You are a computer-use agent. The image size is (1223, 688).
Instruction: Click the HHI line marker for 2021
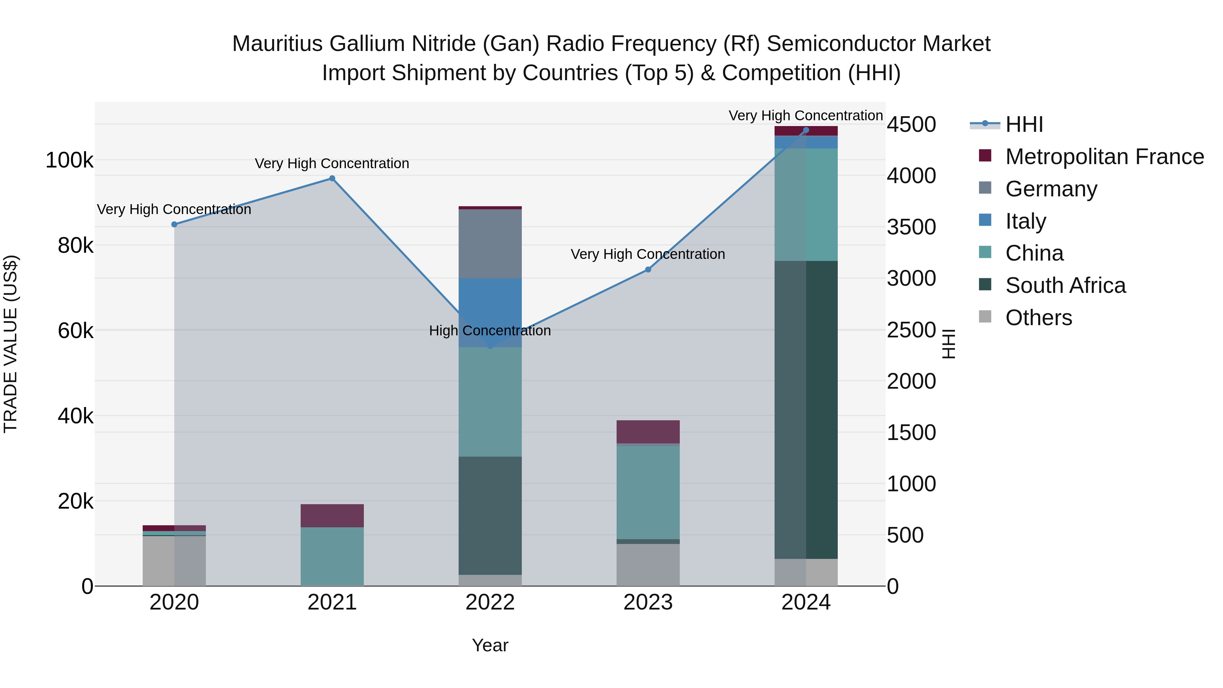coord(332,178)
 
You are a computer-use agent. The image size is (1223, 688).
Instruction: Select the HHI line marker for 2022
coord(490,346)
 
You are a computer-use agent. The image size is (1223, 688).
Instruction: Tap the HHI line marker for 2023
coord(648,270)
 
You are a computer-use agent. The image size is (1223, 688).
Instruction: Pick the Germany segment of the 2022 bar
coord(490,244)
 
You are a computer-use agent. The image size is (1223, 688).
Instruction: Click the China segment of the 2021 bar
coord(332,557)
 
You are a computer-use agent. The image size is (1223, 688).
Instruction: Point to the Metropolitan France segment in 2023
coord(648,431)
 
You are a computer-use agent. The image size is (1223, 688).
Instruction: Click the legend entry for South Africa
coord(1065,286)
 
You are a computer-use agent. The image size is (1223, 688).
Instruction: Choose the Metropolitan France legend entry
coord(1104,157)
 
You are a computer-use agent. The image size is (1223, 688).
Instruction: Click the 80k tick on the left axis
coord(75,246)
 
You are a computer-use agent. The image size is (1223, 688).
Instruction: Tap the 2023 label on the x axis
coord(648,602)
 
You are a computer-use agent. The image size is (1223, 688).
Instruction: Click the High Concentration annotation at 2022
coord(490,331)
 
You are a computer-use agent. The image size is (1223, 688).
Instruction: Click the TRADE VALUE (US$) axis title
coord(11,344)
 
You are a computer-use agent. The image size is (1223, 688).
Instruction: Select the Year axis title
coord(490,645)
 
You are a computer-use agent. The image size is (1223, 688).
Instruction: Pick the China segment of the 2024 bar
coord(806,205)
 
